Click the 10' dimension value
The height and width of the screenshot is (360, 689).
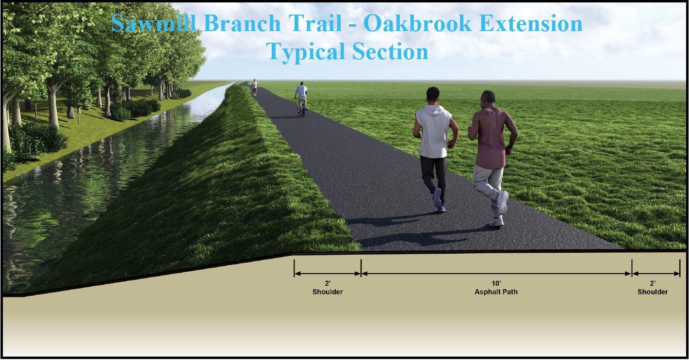click(x=495, y=283)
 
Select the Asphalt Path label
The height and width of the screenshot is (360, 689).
click(x=495, y=292)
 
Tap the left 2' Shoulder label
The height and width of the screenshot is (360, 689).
click(x=328, y=292)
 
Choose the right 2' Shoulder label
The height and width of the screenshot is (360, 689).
click(x=653, y=292)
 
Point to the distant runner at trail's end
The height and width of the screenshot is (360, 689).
click(x=254, y=87)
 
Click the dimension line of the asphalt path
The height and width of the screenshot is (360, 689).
click(x=495, y=274)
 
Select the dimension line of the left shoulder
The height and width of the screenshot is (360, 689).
click(x=328, y=274)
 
